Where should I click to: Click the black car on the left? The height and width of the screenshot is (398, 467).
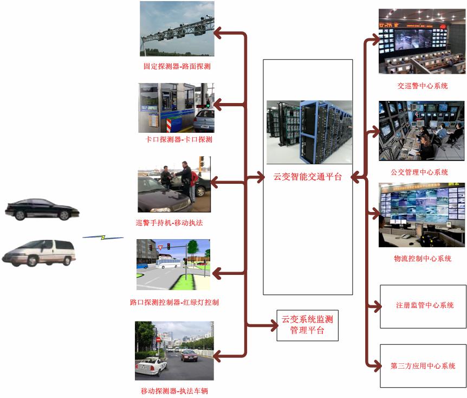tap(41, 209)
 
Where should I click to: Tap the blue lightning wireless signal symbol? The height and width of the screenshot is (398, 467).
tap(103, 237)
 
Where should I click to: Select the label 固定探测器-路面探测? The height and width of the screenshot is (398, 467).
tap(177, 67)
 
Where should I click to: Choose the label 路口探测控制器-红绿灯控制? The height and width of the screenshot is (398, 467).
tap(174, 302)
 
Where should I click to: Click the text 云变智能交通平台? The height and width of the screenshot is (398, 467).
tap(307, 176)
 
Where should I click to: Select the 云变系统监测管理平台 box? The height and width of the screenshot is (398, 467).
tap(307, 325)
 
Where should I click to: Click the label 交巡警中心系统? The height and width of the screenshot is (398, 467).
tap(422, 86)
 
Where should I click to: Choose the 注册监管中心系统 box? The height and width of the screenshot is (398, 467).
tap(423, 306)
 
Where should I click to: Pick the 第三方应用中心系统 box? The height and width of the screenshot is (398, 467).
tap(423, 365)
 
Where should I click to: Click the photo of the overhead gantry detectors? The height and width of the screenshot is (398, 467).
tap(177, 29)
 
